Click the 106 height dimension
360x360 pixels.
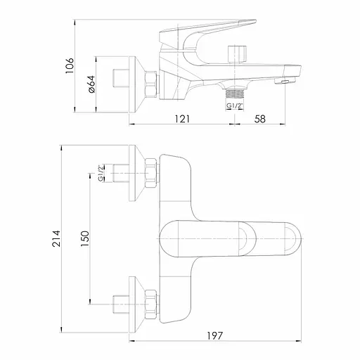(x=70, y=66)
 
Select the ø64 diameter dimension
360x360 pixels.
(x=91, y=84)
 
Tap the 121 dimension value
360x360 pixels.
(x=182, y=119)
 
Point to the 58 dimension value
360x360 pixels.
(x=260, y=119)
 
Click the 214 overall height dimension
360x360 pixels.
(x=56, y=238)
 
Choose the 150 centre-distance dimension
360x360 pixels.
(x=85, y=238)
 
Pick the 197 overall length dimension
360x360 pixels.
(x=214, y=335)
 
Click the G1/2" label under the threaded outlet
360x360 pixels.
(x=235, y=106)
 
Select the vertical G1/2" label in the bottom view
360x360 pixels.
(x=101, y=174)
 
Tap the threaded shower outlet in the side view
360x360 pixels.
(x=235, y=94)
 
